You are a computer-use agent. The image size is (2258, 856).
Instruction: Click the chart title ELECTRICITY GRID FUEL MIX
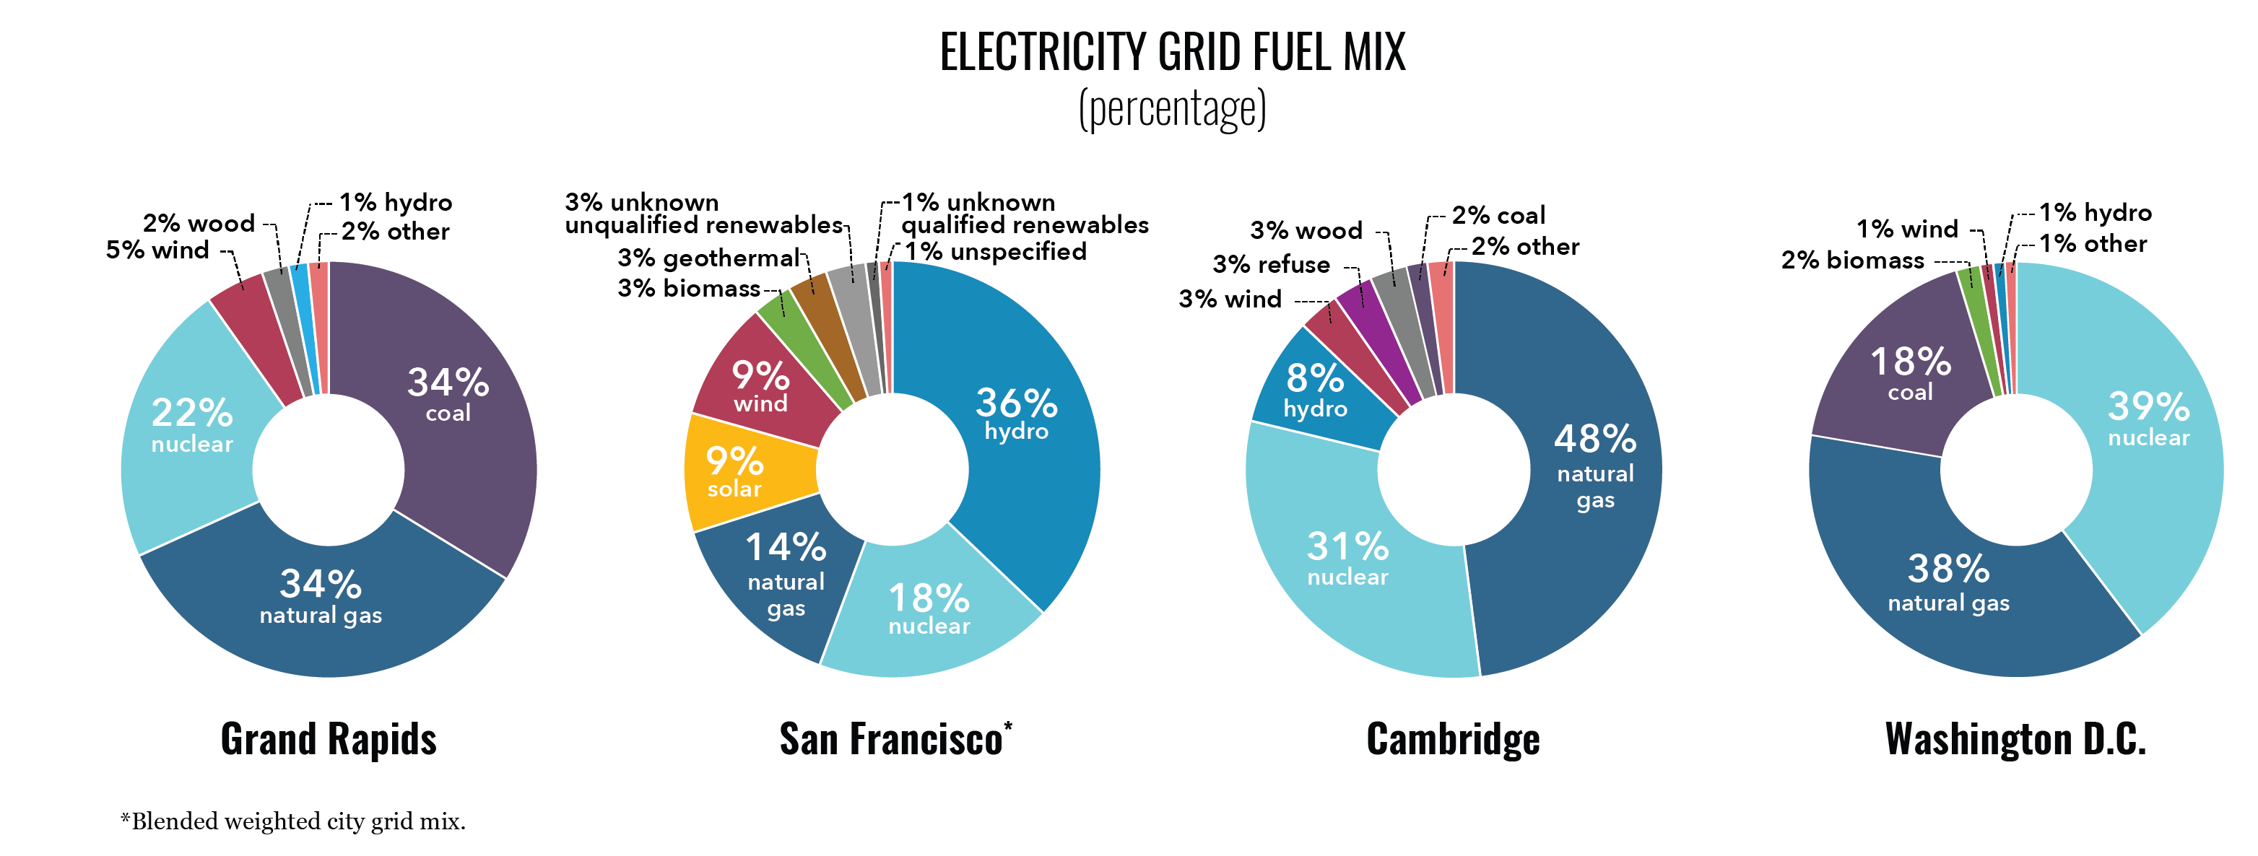tap(1172, 52)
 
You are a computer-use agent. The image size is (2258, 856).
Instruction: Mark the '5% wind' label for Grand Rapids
tap(158, 250)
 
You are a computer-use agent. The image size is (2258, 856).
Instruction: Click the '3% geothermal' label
tap(708, 258)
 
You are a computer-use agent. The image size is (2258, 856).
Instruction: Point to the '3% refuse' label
tap(1271, 265)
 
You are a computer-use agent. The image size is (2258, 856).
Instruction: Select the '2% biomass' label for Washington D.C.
tap(1852, 261)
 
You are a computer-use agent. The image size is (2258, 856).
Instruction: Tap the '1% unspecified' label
tap(995, 253)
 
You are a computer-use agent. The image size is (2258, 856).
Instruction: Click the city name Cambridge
tap(1452, 738)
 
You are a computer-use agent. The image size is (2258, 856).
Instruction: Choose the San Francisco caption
tap(892, 738)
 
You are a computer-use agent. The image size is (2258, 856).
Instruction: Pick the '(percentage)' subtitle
tap(1172, 109)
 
